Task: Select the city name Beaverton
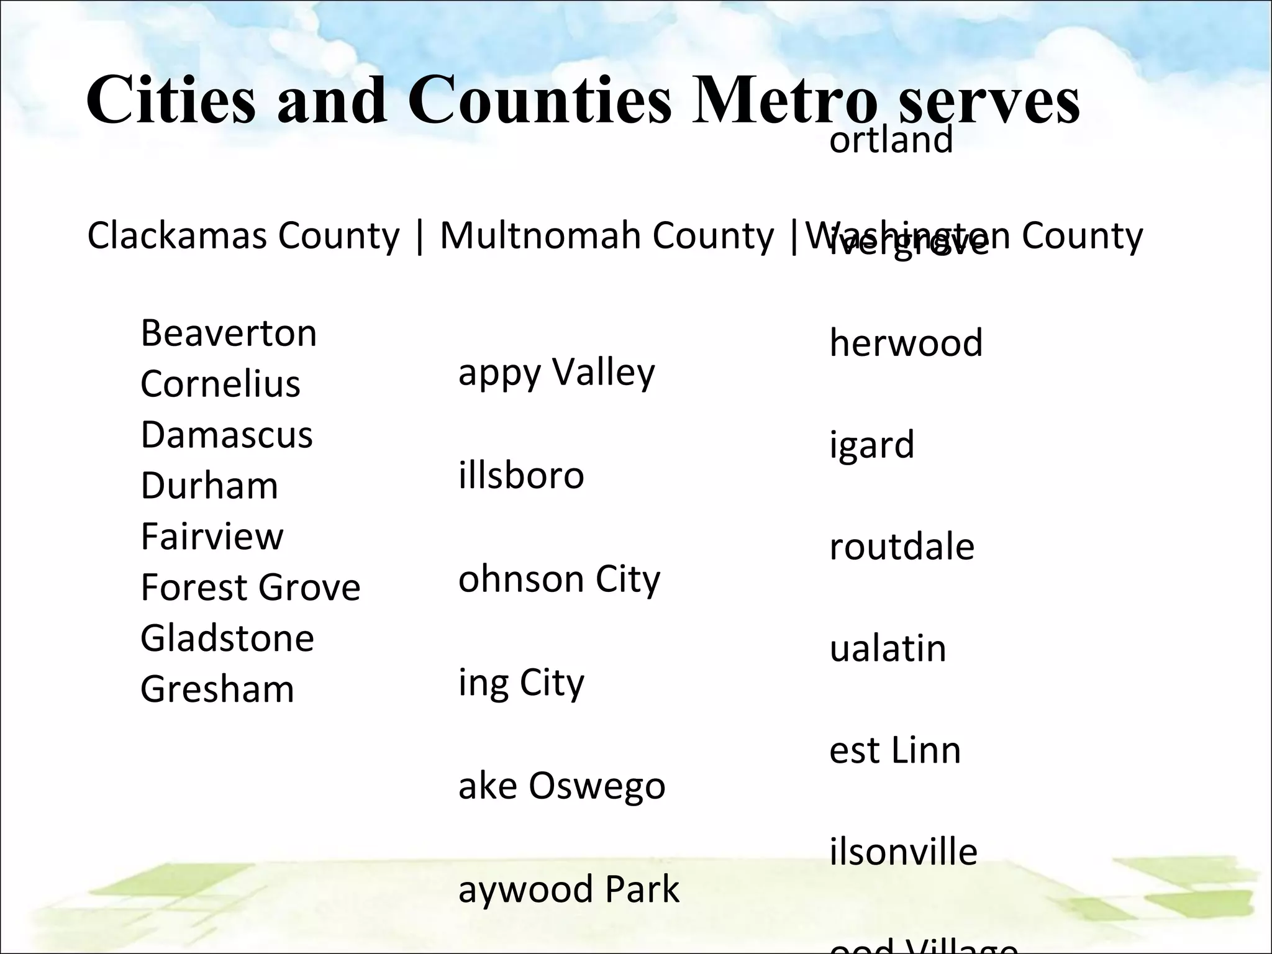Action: click(229, 334)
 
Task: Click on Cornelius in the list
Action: click(220, 384)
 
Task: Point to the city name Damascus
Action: click(227, 435)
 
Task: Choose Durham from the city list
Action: click(209, 486)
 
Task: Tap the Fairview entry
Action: click(212, 537)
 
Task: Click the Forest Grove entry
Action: click(250, 588)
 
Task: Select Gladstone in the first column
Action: click(227, 638)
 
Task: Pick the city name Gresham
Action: click(217, 689)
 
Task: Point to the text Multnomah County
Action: click(607, 236)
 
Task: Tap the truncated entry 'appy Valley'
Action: click(556, 373)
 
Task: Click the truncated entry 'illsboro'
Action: click(521, 476)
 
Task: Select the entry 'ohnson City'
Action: click(559, 579)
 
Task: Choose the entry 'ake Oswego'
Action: click(561, 786)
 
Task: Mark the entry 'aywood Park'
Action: click(568, 889)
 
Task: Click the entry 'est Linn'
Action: click(895, 750)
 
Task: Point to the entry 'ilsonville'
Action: click(903, 852)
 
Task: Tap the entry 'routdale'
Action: click(902, 547)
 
